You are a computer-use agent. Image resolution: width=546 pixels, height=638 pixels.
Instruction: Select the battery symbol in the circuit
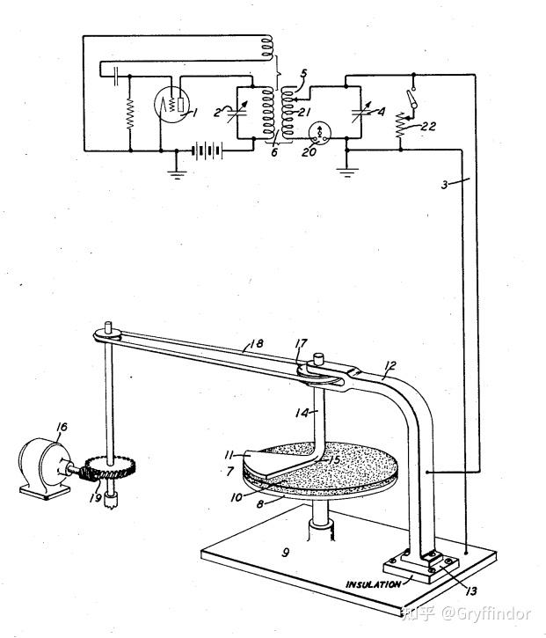click(x=208, y=150)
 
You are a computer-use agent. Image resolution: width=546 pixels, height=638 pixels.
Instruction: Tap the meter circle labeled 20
click(x=319, y=134)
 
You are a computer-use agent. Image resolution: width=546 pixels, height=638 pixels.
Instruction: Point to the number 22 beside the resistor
click(x=427, y=126)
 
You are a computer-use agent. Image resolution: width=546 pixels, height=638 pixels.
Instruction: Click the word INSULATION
click(x=373, y=584)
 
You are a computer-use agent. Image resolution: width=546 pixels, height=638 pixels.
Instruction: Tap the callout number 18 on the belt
click(x=256, y=344)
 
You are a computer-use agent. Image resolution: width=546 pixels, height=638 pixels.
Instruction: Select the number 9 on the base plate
click(x=286, y=552)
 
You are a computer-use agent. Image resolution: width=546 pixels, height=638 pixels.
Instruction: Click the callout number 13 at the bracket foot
click(x=470, y=590)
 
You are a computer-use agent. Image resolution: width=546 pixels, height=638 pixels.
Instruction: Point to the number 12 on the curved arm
click(x=389, y=366)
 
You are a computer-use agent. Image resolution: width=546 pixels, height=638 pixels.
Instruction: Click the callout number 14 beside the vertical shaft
click(x=302, y=414)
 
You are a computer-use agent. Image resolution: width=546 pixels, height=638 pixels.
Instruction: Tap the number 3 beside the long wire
click(x=444, y=185)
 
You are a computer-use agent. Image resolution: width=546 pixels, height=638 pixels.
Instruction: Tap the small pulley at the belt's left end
click(x=107, y=334)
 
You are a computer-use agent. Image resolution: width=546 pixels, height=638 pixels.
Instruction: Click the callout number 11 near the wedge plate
click(x=230, y=455)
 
